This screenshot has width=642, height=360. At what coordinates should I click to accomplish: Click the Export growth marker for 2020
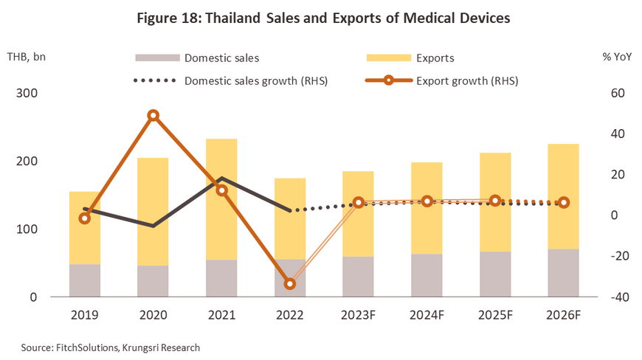(153, 116)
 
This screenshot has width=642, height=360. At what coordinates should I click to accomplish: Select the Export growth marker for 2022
(290, 284)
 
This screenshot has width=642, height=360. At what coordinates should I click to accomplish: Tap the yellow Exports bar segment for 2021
(221, 199)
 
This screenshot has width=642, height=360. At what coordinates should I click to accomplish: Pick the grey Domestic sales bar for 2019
(85, 280)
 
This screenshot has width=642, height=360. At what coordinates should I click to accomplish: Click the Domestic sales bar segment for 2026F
(564, 273)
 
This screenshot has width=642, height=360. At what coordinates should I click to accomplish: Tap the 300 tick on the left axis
(27, 94)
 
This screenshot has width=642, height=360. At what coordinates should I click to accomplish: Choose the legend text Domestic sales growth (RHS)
(255, 81)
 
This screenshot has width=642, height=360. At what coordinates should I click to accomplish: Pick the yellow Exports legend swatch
(389, 58)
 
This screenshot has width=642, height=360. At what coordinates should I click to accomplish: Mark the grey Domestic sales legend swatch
(157, 58)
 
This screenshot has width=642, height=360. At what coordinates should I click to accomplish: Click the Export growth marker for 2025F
(496, 201)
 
